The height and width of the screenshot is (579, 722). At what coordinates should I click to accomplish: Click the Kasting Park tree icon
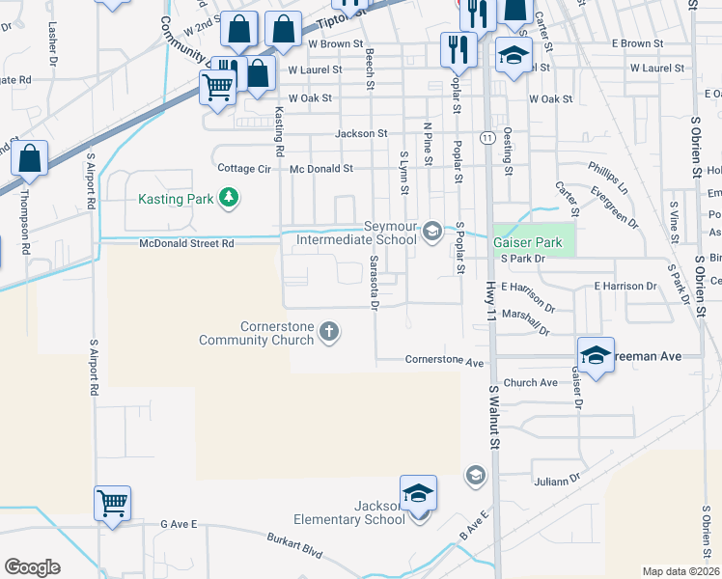coord(229,199)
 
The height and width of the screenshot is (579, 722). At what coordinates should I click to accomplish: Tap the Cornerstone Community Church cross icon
coord(329,332)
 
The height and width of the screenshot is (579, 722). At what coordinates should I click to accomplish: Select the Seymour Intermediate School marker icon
coord(432,230)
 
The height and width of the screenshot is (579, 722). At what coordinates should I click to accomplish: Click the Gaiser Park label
coord(527,242)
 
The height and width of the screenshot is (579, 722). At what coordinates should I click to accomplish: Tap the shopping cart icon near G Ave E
coord(113,502)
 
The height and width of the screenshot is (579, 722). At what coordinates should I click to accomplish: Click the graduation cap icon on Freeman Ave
coord(596,353)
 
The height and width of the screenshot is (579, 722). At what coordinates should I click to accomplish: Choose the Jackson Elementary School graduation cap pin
coord(418,492)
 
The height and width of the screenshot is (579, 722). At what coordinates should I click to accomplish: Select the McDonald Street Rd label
coord(186,244)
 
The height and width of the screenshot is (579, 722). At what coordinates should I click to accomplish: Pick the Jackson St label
coord(361,133)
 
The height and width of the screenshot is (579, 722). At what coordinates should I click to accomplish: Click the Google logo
coord(32,567)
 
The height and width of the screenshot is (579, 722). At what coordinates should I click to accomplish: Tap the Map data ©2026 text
coord(680,571)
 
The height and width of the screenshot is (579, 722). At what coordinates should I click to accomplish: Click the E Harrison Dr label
coord(625,286)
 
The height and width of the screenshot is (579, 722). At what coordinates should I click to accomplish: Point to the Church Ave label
coord(530,383)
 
